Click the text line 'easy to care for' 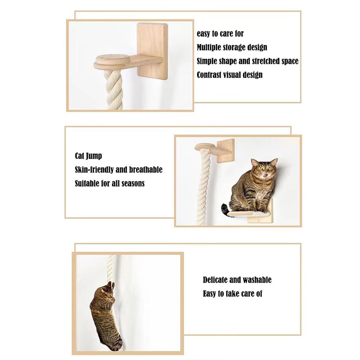(220, 34)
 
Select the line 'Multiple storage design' (232, 48)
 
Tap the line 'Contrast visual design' (229, 75)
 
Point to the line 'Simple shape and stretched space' (247, 61)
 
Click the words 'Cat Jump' (88, 156)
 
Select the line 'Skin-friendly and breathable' (118, 170)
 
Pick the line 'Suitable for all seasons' (109, 183)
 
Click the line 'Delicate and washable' (237, 280)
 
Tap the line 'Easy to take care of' (232, 294)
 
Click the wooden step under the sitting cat (252, 215)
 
